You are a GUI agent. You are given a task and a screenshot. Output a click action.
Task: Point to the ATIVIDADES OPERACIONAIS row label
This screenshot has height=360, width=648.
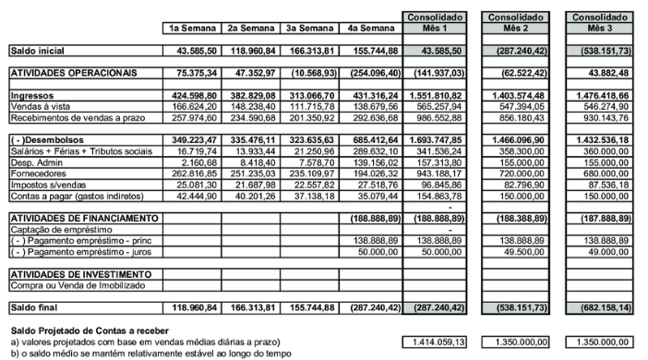pos(73,71)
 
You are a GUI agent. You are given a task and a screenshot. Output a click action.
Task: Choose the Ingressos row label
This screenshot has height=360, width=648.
pos(32,95)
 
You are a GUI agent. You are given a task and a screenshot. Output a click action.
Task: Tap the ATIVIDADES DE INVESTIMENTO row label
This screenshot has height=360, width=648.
pos(80,274)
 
